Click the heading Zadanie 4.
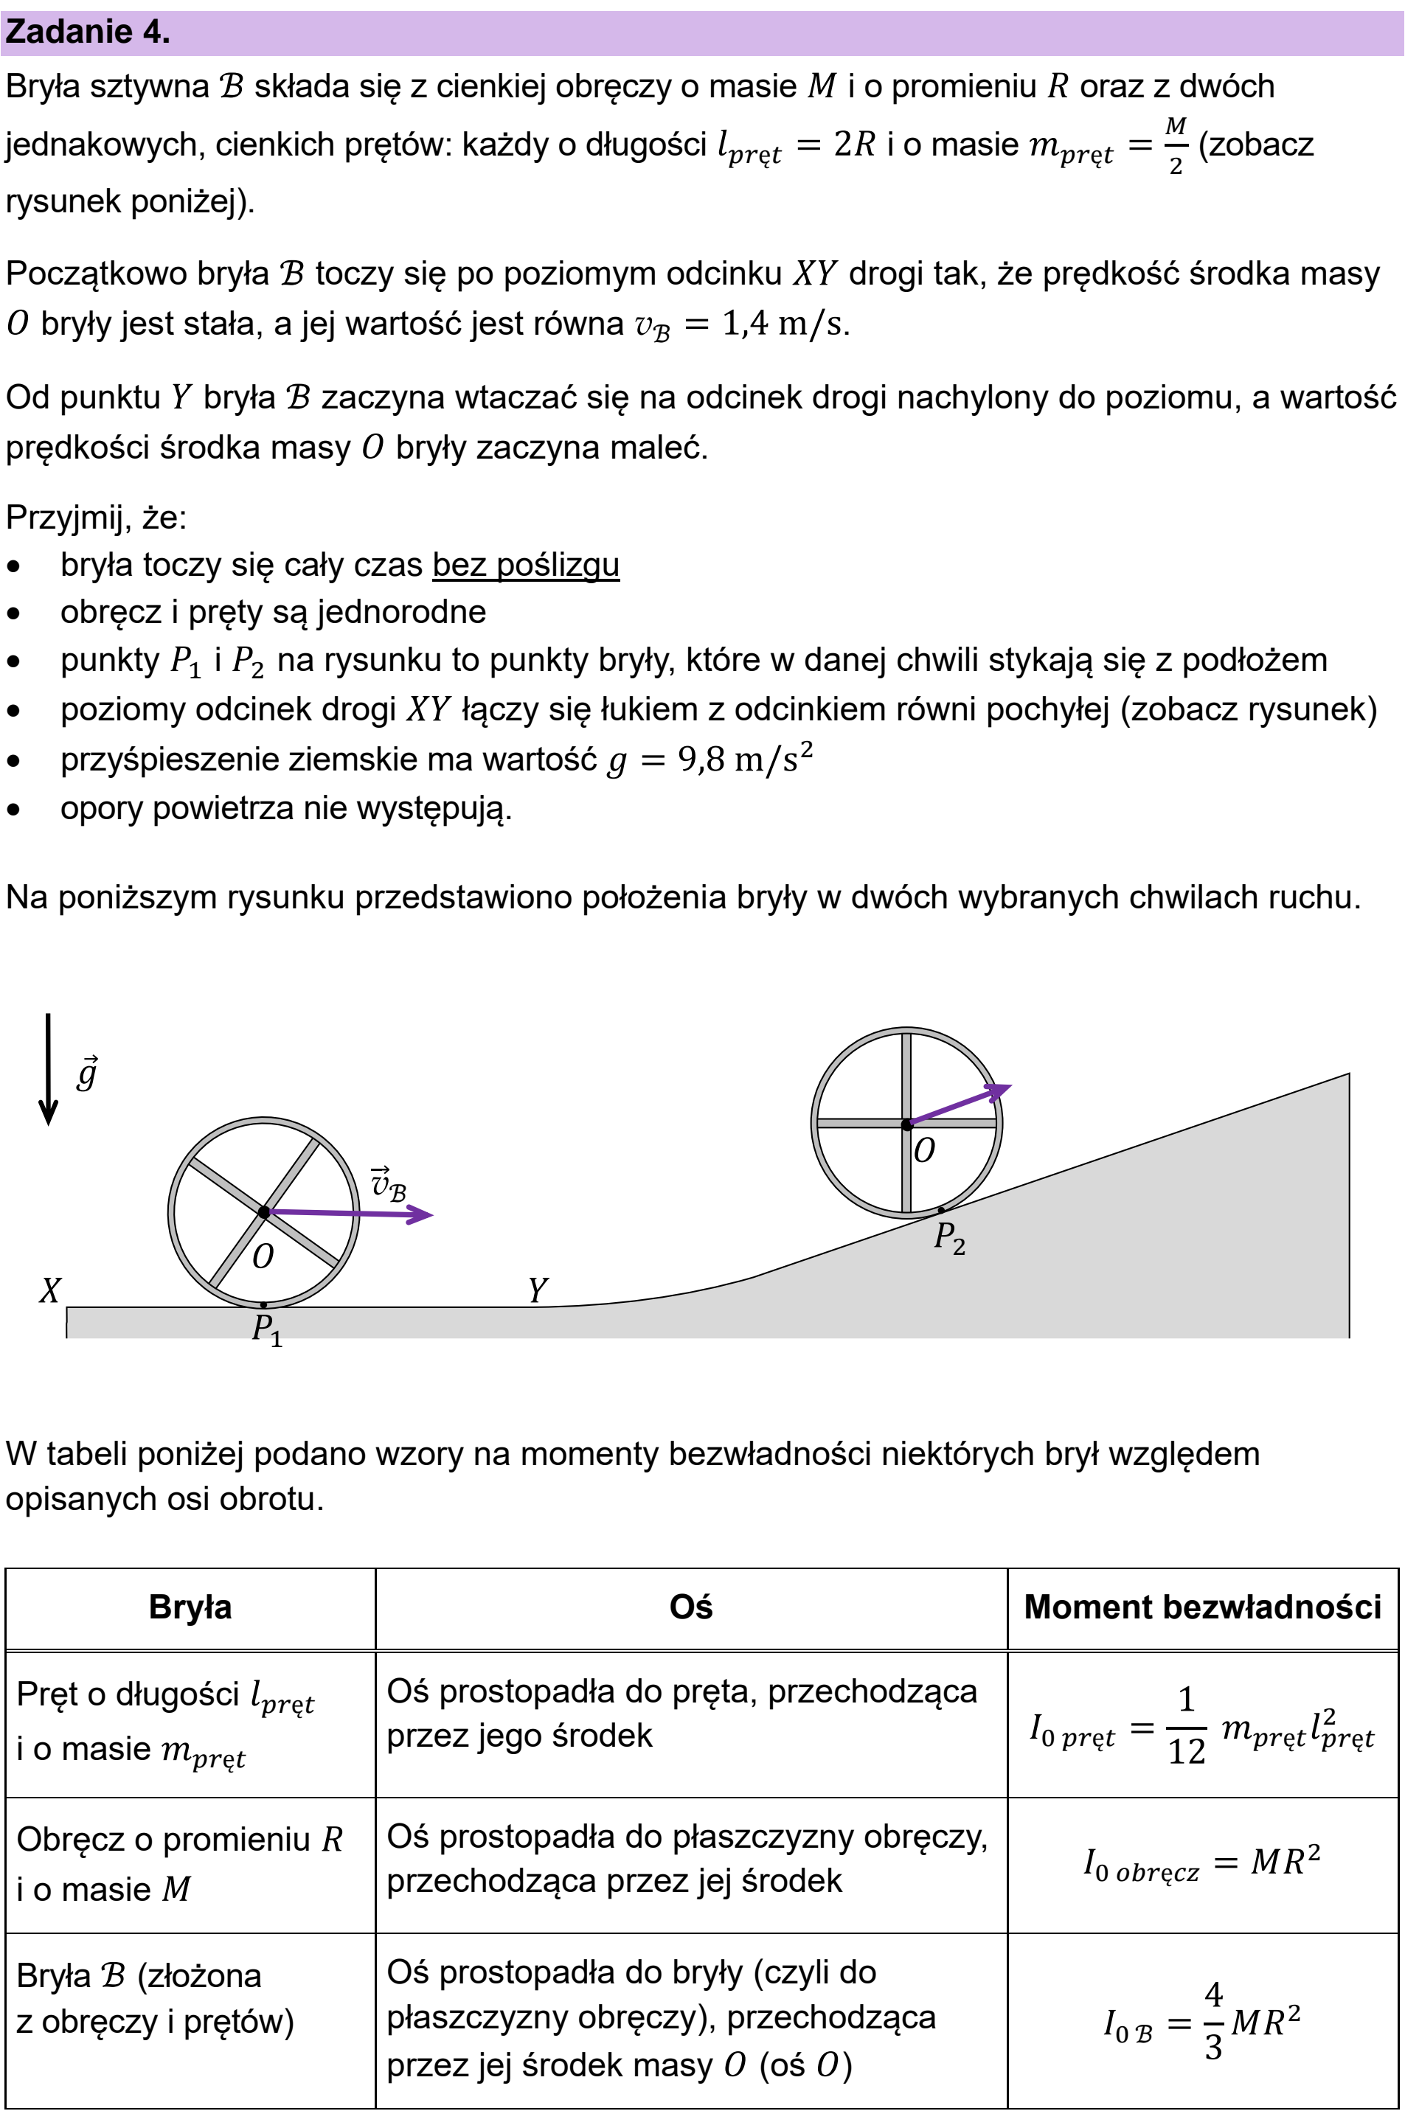click(x=87, y=32)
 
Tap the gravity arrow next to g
click(x=49, y=1069)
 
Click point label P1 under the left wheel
click(x=267, y=1330)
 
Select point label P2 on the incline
click(x=950, y=1238)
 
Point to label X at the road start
click(x=50, y=1290)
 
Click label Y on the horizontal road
click(x=537, y=1290)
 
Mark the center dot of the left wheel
click(x=263, y=1212)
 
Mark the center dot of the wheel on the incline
click(x=907, y=1124)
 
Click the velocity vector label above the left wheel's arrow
click(x=389, y=1183)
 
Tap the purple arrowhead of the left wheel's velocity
click(x=420, y=1215)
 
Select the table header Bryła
click(x=190, y=1607)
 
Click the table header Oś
click(x=691, y=1607)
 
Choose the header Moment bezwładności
click(x=1202, y=1607)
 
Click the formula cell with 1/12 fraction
click(x=1202, y=1726)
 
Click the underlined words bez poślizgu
click(x=526, y=566)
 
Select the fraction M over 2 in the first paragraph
click(x=1176, y=145)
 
